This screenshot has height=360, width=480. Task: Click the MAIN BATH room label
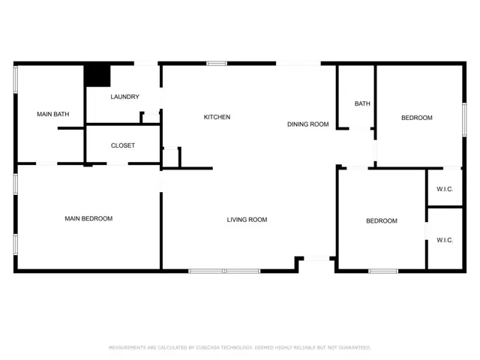53,114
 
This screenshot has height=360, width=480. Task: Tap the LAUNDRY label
125,97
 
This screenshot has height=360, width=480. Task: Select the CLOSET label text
123,145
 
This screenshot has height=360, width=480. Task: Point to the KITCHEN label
217,117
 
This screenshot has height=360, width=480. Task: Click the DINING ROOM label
308,124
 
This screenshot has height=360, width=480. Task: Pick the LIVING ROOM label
247,220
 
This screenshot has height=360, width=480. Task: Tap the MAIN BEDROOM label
88,218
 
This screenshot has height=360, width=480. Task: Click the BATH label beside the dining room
362,103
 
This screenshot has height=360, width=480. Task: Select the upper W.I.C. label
445,189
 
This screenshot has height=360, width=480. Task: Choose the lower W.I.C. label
445,240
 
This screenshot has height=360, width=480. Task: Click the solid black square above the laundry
97,76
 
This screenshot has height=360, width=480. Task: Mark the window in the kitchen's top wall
217,63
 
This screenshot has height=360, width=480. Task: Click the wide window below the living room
224,271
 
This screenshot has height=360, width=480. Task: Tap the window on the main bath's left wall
16,79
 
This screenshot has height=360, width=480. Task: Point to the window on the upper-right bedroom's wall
464,120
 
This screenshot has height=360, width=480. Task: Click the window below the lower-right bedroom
383,271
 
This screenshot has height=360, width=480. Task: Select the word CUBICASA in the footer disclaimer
208,347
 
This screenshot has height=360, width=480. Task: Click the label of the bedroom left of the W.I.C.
382,221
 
